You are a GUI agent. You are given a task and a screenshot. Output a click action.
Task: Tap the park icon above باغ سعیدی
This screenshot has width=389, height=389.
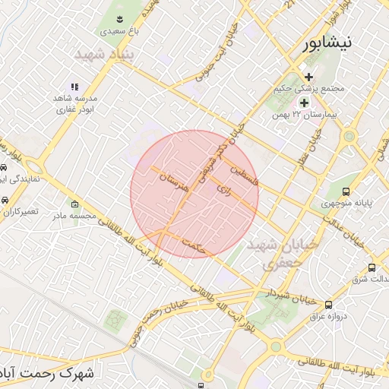coord(119,18)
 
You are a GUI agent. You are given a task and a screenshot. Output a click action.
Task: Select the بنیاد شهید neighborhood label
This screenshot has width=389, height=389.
coord(105,55)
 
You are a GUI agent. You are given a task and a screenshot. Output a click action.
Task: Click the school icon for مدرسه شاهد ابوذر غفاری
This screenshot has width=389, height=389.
coord(74,87)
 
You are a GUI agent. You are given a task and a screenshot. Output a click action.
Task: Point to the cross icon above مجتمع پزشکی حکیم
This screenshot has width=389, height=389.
coord(309,77)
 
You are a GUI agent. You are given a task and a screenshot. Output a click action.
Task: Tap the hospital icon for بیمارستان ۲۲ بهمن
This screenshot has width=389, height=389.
coord(304,102)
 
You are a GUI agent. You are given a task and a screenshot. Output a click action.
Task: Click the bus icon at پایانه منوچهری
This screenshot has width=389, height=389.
coord(346,192)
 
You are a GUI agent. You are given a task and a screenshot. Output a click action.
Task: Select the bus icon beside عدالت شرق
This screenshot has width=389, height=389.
coord(372,267)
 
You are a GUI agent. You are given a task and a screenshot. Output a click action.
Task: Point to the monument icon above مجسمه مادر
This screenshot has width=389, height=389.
coord(74,204)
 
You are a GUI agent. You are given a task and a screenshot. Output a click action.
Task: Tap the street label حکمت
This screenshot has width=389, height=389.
coord(194,245)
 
